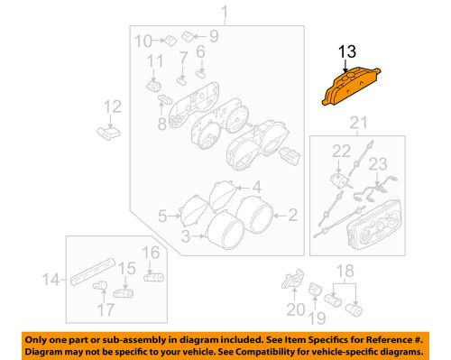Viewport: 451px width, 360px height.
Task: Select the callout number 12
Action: click(x=111, y=108)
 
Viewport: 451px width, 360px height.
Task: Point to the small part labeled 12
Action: click(x=107, y=133)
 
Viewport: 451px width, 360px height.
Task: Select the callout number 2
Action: click(x=292, y=215)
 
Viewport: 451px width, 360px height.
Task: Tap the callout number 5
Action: click(x=163, y=216)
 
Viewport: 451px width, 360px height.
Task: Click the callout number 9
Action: click(x=214, y=36)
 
